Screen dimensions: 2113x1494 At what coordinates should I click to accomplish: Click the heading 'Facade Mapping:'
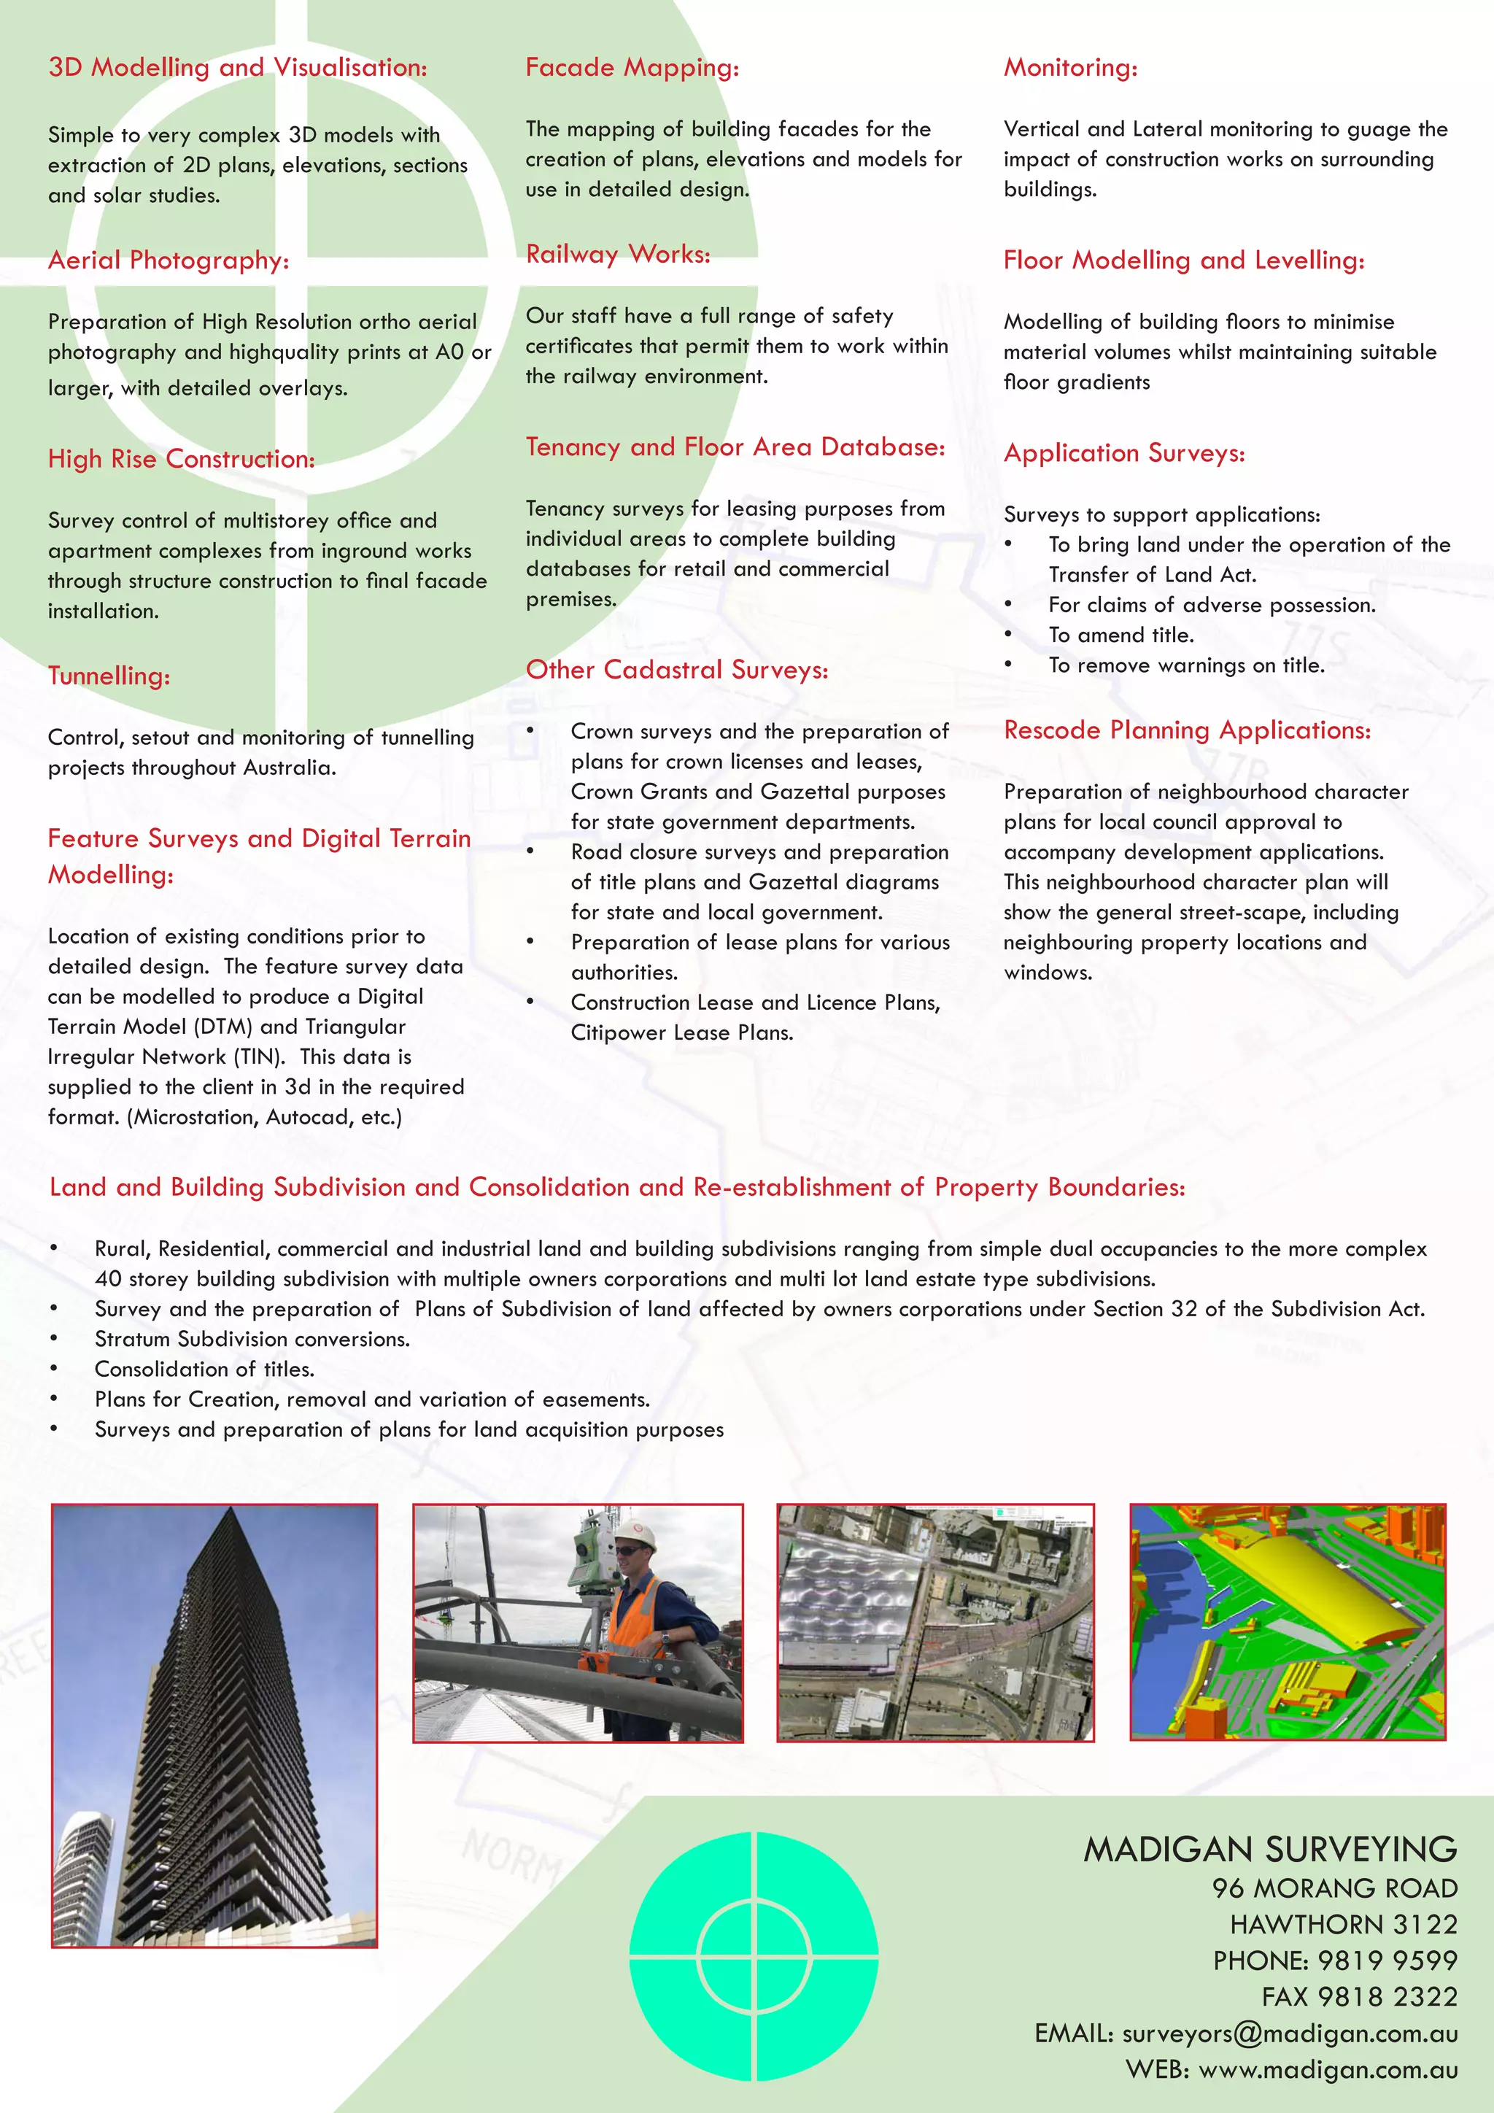click(632, 68)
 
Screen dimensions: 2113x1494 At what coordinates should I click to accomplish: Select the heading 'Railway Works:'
click(617, 255)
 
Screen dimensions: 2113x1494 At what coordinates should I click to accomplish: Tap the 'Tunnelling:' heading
click(109, 676)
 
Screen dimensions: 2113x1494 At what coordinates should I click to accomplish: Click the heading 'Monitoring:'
click(1070, 68)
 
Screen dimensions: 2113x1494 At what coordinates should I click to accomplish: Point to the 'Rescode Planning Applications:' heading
click(1187, 730)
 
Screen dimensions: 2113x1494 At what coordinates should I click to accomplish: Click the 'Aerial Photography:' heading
click(169, 261)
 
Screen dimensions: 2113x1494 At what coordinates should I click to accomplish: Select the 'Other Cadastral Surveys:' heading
click(676, 670)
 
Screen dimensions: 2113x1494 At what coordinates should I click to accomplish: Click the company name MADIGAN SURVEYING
click(1269, 1849)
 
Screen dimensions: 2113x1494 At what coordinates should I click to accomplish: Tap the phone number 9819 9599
click(1387, 1961)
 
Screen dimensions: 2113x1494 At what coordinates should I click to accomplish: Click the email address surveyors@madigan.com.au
click(1289, 2033)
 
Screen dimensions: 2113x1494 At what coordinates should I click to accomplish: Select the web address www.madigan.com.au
click(1328, 2070)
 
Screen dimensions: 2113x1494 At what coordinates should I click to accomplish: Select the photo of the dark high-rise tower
click(214, 1726)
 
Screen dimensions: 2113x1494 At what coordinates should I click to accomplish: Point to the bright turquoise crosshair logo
click(754, 1955)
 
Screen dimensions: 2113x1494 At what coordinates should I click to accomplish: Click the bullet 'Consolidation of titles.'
click(204, 1370)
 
